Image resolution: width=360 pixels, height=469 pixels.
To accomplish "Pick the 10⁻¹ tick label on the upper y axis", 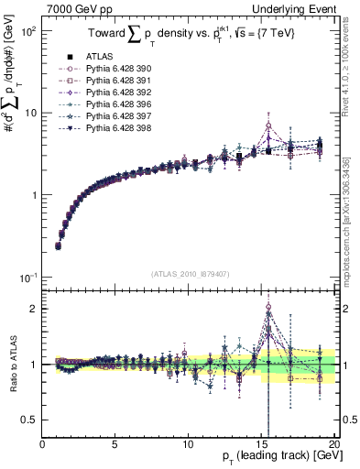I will [x=28, y=278].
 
